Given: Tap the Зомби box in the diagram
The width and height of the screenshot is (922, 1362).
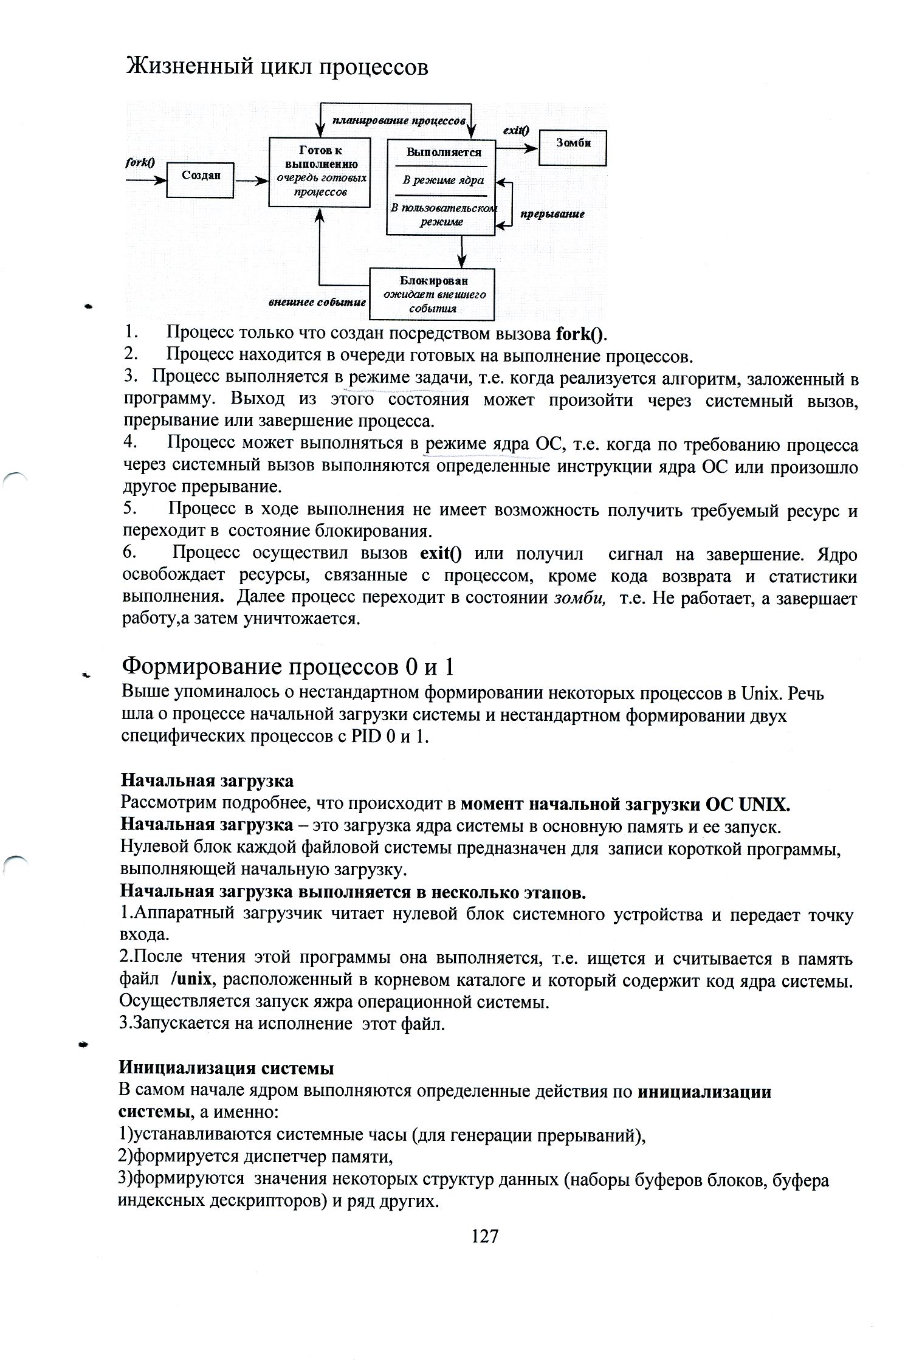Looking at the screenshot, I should pos(573,147).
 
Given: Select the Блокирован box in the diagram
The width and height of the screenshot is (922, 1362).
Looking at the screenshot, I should pos(432,294).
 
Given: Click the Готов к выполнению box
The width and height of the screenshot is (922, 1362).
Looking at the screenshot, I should pos(320,172).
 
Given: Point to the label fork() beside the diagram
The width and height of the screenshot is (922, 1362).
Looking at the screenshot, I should pos(139,162).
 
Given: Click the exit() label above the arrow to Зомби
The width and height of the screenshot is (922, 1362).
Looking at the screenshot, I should pos(515,131).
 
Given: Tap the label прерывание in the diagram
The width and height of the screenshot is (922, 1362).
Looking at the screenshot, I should pos(552,214).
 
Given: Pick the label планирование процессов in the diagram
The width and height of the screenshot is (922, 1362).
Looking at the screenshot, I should pos(398,121).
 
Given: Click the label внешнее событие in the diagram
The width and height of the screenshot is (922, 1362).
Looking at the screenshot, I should pos(317,302).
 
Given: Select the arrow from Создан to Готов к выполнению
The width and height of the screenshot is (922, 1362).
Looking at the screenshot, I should pos(251,181).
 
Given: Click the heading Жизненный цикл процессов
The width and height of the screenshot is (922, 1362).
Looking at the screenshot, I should pos(277,67).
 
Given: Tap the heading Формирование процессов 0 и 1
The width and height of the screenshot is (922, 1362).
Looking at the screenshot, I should pos(288,667).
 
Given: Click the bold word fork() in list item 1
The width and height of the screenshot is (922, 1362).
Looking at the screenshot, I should pos(582,334).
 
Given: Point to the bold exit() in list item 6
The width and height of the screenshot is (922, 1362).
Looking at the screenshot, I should pos(441,554).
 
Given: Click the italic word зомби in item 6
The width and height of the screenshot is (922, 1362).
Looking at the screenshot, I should pos(580,598).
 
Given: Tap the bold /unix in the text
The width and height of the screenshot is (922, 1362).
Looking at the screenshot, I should pos(191,979).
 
